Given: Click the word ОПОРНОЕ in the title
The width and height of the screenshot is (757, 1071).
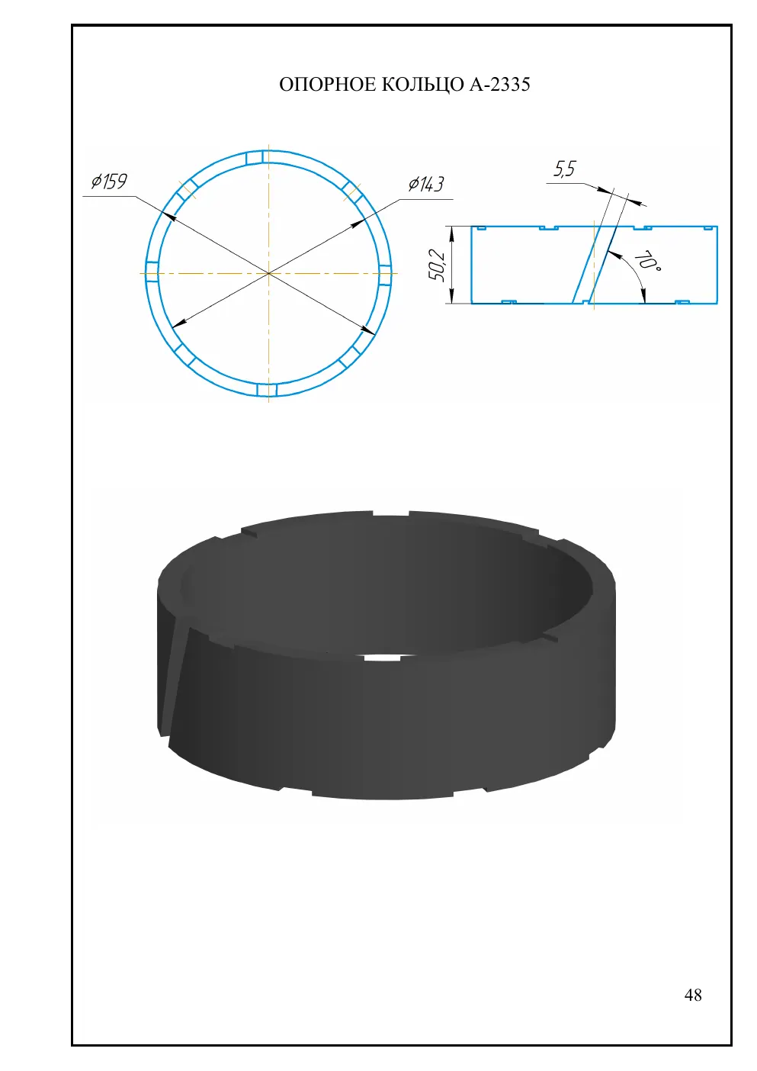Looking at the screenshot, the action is point(327,85).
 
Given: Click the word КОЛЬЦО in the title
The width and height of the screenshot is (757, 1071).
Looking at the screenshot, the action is point(422,85).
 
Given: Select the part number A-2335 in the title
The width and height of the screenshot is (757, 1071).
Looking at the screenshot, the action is point(500,85).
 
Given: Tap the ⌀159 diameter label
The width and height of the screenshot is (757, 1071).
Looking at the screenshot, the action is point(110,182).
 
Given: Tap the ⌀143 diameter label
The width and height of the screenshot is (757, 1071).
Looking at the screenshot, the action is point(426,184).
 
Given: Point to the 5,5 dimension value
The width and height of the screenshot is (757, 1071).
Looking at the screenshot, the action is point(565,169).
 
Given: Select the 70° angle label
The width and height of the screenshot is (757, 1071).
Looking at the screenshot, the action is point(648,261).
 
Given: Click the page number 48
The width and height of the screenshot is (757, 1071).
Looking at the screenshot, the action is point(693,995).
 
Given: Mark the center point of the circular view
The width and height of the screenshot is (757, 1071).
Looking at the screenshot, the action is point(268,274).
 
